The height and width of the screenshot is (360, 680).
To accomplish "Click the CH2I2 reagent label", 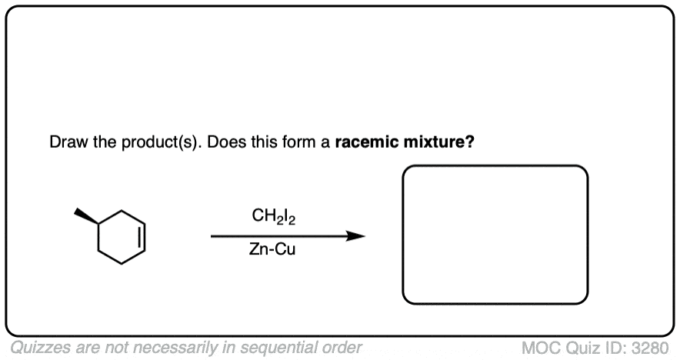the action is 274,216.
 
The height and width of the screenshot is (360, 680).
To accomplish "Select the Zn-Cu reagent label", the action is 272,249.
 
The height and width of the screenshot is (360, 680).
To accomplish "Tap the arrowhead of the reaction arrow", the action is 355,236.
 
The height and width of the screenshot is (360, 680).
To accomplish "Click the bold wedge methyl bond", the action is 87,216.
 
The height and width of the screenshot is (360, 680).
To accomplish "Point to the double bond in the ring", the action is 142,237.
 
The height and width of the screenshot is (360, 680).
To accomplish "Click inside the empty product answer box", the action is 495,235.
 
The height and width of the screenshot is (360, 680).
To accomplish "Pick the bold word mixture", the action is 438,142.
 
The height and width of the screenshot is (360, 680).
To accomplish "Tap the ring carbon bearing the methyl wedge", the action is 98,224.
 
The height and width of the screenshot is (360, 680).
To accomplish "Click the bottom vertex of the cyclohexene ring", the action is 122,263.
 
